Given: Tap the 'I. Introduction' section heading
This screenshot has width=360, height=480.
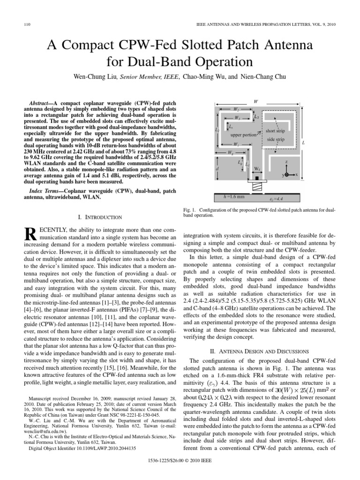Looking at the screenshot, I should point(99,217).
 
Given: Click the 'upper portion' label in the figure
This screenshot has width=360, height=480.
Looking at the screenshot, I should point(243,135).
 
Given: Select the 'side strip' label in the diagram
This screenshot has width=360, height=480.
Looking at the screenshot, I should point(275,140).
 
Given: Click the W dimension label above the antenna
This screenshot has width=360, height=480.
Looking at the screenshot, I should point(255,101).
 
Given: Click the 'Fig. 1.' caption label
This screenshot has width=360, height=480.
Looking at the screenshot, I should point(190,211).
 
